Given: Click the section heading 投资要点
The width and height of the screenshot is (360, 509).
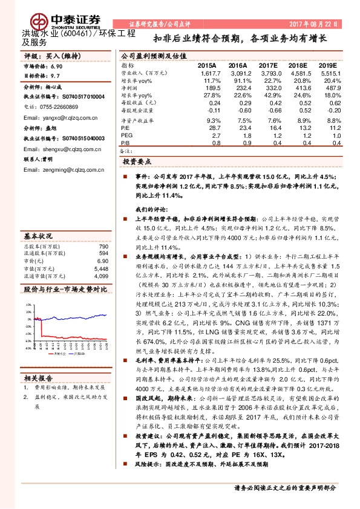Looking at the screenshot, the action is click(x=137, y=163).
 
